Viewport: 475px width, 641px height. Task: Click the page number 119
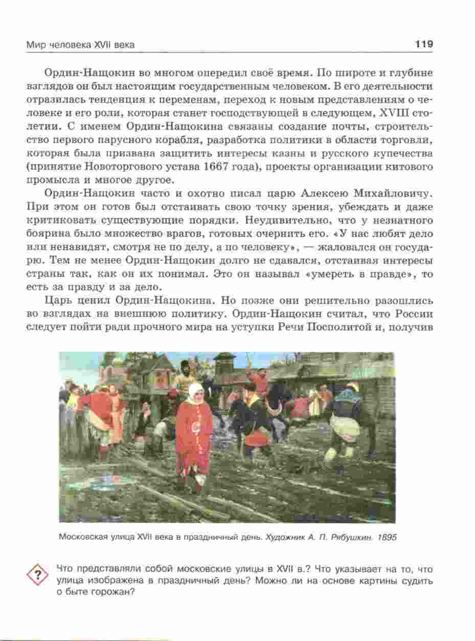(x=424, y=44)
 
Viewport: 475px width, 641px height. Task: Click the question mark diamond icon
(x=37, y=574)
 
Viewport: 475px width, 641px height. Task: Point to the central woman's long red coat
(x=193, y=440)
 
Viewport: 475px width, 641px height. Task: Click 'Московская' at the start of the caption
(x=80, y=538)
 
